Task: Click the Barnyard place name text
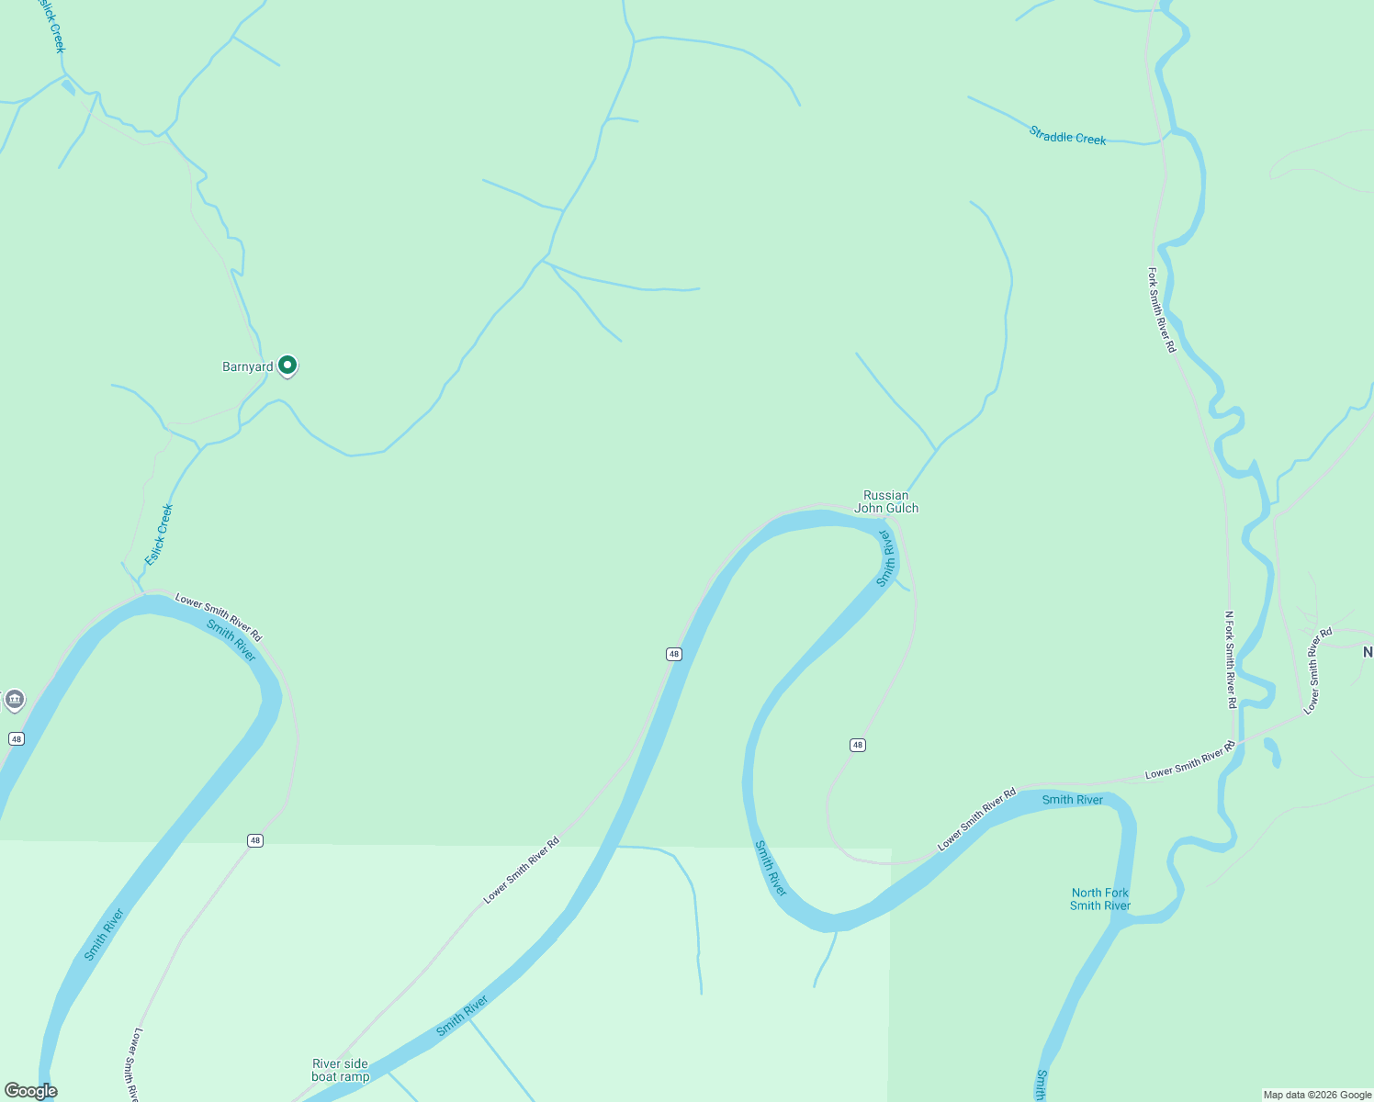(x=247, y=367)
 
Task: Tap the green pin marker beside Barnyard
(x=287, y=365)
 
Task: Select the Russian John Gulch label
(x=886, y=501)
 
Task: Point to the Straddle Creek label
(x=1067, y=137)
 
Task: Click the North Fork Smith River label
(x=1100, y=899)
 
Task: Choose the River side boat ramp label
(x=341, y=1070)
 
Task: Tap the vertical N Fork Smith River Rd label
(x=1231, y=659)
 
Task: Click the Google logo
(x=30, y=1091)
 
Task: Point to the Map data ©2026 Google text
(x=1316, y=1095)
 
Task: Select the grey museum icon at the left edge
(x=14, y=701)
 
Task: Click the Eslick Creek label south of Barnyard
(x=159, y=534)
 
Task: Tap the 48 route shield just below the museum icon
(x=17, y=738)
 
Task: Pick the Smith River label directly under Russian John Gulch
(x=885, y=557)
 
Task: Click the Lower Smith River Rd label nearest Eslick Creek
(x=219, y=617)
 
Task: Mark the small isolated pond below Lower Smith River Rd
(x=1272, y=751)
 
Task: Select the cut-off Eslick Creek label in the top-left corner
(x=51, y=26)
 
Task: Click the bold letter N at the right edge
(x=1368, y=652)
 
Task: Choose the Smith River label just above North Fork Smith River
(x=1072, y=800)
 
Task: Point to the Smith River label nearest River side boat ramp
(x=461, y=1016)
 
